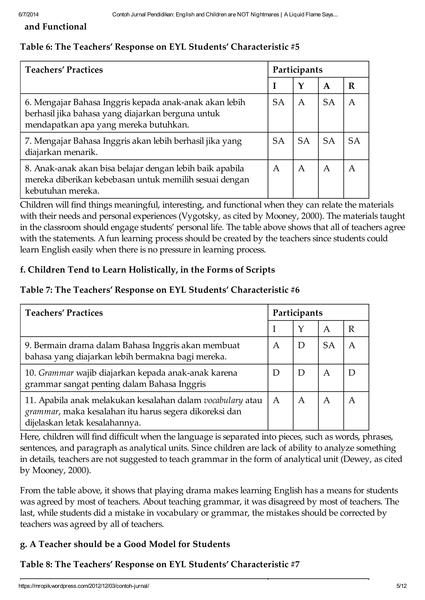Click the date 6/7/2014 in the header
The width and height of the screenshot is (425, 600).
[28, 15]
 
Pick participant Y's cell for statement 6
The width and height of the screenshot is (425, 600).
[302, 102]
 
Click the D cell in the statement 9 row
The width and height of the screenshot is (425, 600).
[301, 346]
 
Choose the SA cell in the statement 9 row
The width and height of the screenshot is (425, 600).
[329, 346]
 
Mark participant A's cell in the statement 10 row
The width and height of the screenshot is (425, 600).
[327, 373]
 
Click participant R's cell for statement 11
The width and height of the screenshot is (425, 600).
[352, 400]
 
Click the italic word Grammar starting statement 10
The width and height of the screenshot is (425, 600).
[56, 373]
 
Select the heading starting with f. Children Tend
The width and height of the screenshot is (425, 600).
[147, 270]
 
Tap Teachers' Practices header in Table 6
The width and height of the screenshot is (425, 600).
[64, 70]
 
